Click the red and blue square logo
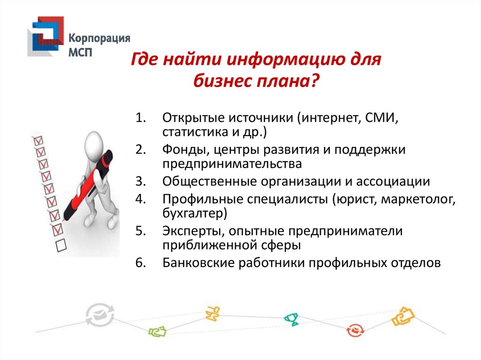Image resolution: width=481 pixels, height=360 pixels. (46, 37)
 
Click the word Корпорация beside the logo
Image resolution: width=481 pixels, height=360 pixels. (100, 38)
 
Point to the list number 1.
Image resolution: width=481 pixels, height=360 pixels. (140, 118)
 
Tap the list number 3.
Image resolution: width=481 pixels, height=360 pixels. (140, 182)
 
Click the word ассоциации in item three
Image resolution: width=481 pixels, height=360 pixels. (393, 182)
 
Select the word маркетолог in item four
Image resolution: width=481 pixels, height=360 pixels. (418, 199)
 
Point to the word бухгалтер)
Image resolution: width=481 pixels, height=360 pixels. (195, 213)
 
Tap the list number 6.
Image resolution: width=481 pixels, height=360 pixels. (140, 263)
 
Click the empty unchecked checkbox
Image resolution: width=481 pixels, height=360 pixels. (61, 245)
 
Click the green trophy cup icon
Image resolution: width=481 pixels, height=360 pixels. (291, 319)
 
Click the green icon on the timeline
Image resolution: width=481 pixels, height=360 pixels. (157, 331)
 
